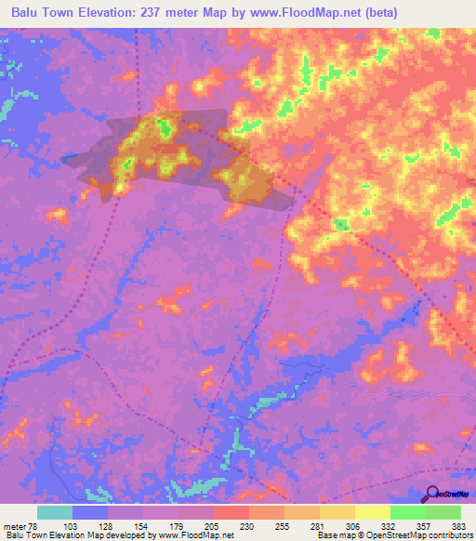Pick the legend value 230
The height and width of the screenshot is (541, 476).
(x=248, y=525)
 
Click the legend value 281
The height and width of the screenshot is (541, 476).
(x=319, y=525)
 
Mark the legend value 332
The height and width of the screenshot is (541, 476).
(x=390, y=525)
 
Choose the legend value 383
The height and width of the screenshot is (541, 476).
(x=460, y=525)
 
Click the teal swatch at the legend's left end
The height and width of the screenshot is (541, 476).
(x=55, y=512)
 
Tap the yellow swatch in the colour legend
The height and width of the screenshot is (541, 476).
(x=373, y=512)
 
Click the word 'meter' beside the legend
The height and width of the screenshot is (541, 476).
(x=14, y=525)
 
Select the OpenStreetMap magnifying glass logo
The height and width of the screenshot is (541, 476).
(x=432, y=495)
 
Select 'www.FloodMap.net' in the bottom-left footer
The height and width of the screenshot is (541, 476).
(x=194, y=535)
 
